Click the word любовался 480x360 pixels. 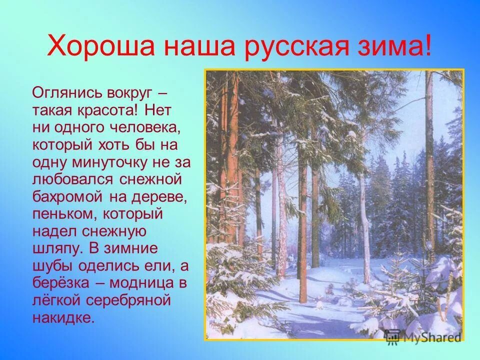pyautogui.click(x=68, y=180)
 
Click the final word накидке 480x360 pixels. pyautogui.click(x=63, y=318)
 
